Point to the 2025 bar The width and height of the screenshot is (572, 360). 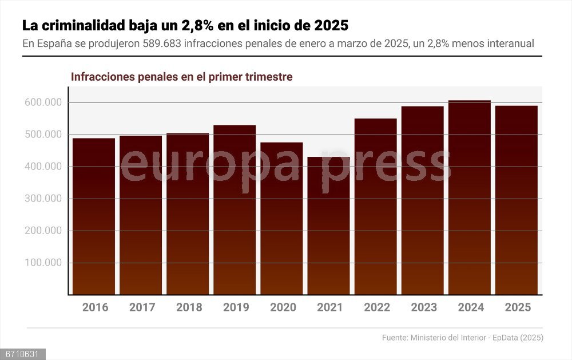(517, 200)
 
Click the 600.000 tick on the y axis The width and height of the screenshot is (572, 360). (43, 103)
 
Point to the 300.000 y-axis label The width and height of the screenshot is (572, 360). (43, 199)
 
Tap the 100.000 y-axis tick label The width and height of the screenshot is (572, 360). (43, 263)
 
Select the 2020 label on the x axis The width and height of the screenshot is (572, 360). (283, 307)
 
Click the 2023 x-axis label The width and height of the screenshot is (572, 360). (424, 307)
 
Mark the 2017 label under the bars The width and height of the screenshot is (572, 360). (142, 307)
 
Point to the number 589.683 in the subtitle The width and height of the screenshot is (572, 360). (162, 43)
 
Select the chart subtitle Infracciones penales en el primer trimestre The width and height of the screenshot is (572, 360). (181, 77)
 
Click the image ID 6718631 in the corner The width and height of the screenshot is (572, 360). (22, 354)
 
